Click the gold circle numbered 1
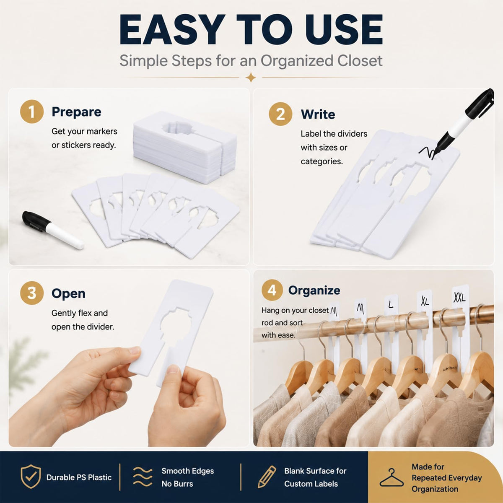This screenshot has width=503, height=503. click(x=31, y=111)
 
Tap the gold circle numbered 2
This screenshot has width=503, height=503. click(x=280, y=114)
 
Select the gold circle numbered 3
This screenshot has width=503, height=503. click(x=31, y=293)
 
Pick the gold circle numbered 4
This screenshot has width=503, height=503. click(x=272, y=290)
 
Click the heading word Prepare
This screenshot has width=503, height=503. click(x=76, y=112)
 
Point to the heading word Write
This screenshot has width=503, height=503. click(x=318, y=114)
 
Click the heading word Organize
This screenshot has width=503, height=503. click(x=314, y=290)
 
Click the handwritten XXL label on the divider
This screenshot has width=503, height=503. click(x=459, y=297)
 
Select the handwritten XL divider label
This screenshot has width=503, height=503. click(x=425, y=301)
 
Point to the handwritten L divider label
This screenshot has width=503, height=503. click(x=391, y=304)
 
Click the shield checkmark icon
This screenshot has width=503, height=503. click(x=31, y=477)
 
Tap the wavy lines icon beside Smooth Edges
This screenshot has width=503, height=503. click(x=143, y=477)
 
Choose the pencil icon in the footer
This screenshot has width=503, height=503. click(x=267, y=477)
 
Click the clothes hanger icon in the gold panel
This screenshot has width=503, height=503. click(x=392, y=477)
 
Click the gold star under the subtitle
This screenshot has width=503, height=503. click(x=251, y=78)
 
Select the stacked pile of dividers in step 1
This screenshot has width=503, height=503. click(x=185, y=148)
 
